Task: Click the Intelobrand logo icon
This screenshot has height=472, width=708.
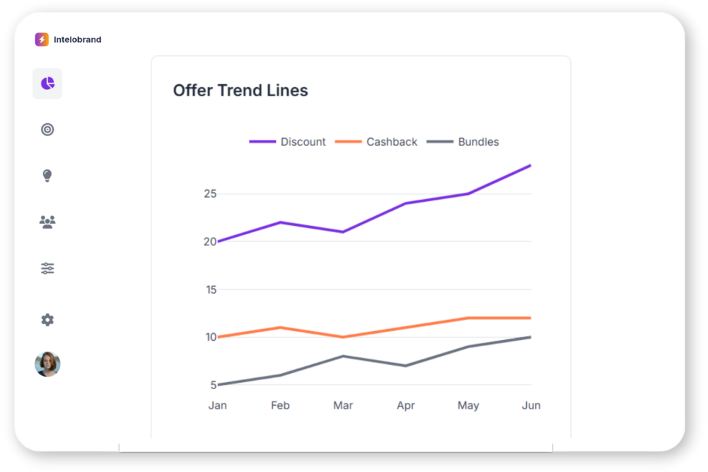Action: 41,39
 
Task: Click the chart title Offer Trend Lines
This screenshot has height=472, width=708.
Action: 240,91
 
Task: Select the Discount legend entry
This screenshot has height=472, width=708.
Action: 288,142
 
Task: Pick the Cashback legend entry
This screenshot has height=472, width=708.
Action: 376,142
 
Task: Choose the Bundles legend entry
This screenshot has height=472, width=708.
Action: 463,142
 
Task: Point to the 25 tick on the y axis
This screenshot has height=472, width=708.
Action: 210,193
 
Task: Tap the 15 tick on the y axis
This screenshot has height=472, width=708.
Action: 210,290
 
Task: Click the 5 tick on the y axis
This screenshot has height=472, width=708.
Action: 213,385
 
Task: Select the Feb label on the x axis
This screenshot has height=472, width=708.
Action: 280,406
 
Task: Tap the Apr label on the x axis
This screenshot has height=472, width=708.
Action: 406,406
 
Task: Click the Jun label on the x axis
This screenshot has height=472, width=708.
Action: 531,406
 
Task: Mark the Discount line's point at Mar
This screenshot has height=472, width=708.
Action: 343,232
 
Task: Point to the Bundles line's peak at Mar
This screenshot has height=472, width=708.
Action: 343,356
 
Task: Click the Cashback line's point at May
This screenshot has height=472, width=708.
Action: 468,318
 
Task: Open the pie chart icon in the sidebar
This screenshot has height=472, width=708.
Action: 47,84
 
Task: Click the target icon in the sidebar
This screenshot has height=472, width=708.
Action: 47,129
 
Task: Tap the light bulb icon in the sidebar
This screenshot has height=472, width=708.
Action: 47,176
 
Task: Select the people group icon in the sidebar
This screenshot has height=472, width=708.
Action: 47,222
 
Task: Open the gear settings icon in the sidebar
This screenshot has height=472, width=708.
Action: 47,320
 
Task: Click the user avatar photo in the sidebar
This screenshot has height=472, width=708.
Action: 47,364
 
